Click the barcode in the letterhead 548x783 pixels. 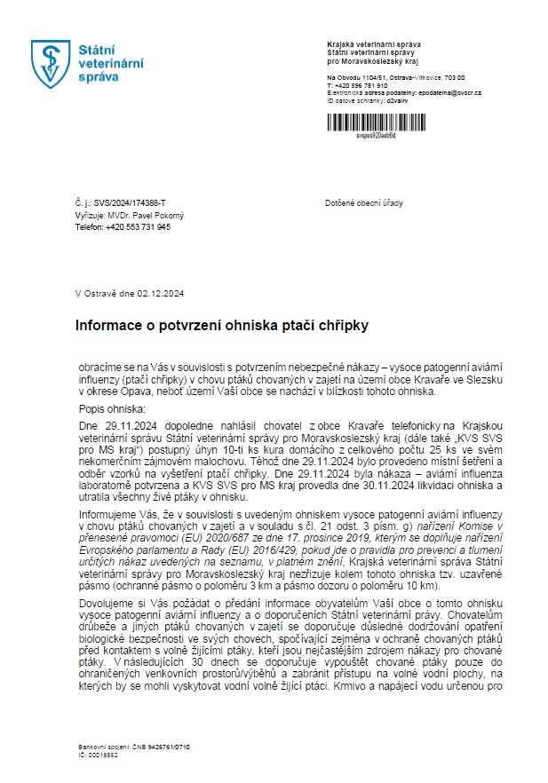(376, 123)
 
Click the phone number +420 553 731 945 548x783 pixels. (138, 226)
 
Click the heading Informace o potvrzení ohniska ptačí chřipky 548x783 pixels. (221, 326)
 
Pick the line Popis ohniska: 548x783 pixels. (111, 411)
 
